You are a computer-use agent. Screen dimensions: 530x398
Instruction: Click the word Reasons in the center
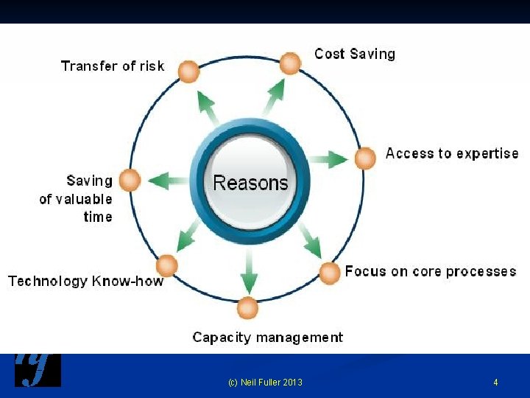pyautogui.click(x=250, y=182)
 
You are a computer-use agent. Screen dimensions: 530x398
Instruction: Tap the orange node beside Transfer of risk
pyautogui.click(x=189, y=71)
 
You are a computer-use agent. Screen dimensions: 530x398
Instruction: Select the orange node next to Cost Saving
pyautogui.click(x=291, y=63)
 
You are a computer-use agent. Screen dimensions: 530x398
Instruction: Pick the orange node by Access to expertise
pyautogui.click(x=365, y=158)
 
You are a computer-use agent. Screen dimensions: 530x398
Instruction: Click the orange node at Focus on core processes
pyautogui.click(x=330, y=273)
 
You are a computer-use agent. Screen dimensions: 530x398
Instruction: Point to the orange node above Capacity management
pyautogui.click(x=248, y=308)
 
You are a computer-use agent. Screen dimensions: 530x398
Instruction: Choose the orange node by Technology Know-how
pyautogui.click(x=168, y=265)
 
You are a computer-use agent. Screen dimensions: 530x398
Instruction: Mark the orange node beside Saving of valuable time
pyautogui.click(x=130, y=180)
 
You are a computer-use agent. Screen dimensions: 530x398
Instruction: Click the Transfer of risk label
pyautogui.click(x=113, y=66)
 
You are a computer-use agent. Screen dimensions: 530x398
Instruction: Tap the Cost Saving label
pyautogui.click(x=355, y=54)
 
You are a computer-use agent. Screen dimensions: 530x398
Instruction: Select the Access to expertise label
pyautogui.click(x=452, y=153)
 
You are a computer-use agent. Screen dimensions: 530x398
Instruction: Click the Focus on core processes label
pyautogui.click(x=431, y=271)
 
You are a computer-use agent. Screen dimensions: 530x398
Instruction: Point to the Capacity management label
pyautogui.click(x=268, y=338)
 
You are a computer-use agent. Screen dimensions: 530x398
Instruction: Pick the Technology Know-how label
pyautogui.click(x=86, y=281)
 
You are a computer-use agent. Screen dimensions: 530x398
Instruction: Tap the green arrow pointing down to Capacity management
pyautogui.click(x=250, y=272)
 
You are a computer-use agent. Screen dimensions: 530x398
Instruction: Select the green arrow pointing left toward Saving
pyautogui.click(x=169, y=179)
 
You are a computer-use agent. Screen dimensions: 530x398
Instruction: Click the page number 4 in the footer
pyautogui.click(x=495, y=382)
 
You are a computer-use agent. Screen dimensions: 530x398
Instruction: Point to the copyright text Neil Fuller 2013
pyautogui.click(x=265, y=382)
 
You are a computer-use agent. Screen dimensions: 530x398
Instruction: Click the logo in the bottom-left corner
pyautogui.click(x=38, y=370)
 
